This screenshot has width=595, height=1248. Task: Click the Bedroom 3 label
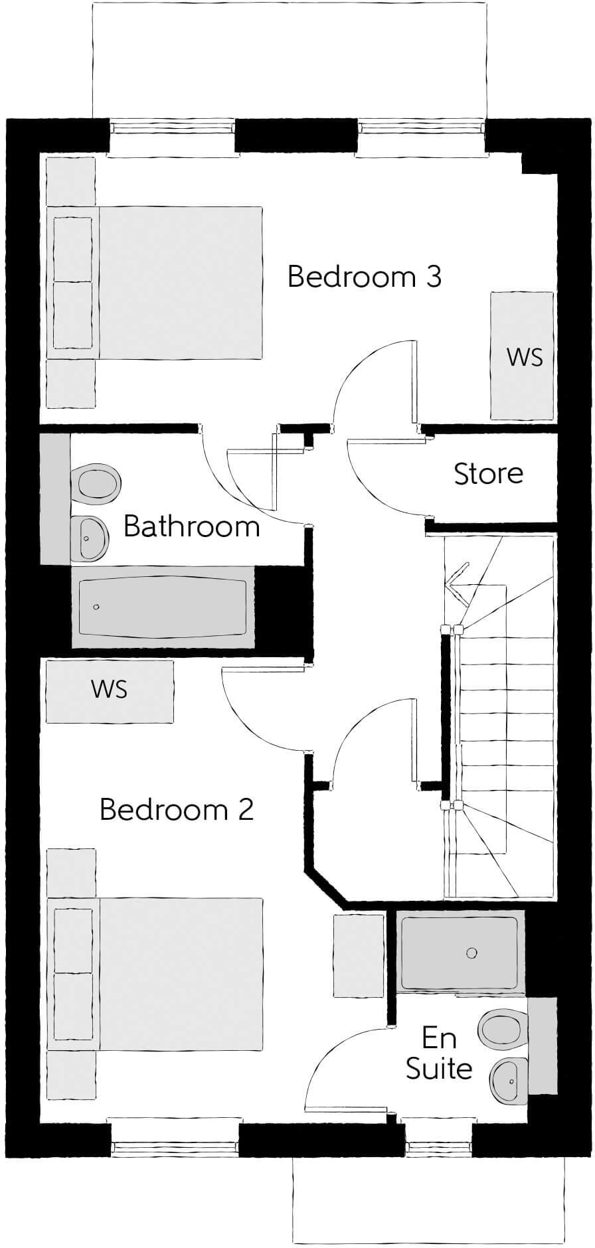(x=364, y=276)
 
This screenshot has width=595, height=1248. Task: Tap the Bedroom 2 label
(x=176, y=809)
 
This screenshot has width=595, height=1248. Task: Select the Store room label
(x=488, y=473)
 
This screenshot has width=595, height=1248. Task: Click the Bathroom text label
(x=191, y=526)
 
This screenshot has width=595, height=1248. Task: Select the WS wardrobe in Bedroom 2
(x=110, y=690)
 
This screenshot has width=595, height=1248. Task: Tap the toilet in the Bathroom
(x=97, y=481)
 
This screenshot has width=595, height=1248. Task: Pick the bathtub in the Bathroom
(x=163, y=607)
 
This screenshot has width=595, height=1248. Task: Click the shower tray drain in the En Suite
(x=471, y=953)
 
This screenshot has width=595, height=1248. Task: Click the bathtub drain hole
(x=97, y=607)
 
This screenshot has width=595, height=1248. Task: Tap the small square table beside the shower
(x=359, y=955)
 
